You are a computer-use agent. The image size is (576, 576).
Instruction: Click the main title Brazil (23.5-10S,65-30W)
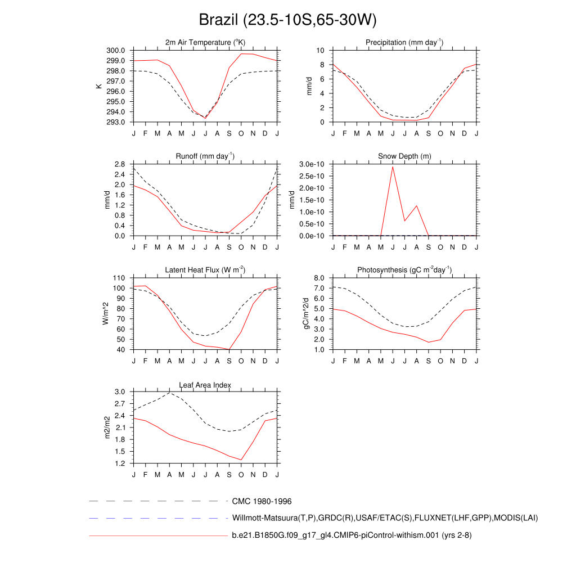coord(287,20)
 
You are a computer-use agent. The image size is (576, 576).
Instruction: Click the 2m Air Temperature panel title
coord(205,42)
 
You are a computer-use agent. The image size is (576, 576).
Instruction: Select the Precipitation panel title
coord(404,42)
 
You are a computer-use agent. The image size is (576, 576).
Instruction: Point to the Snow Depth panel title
coord(404,156)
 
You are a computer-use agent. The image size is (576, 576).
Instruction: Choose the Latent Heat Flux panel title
coord(205,270)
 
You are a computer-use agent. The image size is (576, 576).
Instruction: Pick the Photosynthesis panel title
coord(404,270)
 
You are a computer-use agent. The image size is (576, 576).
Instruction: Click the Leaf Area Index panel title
coord(205,385)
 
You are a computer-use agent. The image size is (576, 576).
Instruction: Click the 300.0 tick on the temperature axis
coord(116,51)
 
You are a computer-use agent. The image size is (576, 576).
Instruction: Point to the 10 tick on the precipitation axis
coord(322,51)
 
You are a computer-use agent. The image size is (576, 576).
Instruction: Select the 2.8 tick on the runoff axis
coord(119,164)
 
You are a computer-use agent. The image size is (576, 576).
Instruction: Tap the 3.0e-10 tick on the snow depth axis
coord(312,164)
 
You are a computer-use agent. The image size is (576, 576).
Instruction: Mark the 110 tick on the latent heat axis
coord(119,278)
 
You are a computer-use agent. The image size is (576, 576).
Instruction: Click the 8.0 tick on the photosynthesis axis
coord(319,278)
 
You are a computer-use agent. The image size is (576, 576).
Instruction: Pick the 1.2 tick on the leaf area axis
coord(119,463)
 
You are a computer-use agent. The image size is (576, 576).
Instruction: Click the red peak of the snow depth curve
coord(393,166)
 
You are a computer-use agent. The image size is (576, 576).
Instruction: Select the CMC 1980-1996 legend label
coord(262,501)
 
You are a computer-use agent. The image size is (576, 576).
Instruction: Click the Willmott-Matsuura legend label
coord(385,517)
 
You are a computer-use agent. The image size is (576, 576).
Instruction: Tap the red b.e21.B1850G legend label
coord(352,535)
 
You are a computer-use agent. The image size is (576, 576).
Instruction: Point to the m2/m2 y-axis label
coord(106,427)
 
